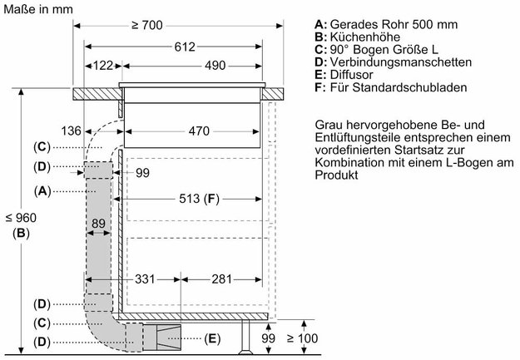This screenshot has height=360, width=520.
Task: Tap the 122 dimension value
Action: tap(103, 65)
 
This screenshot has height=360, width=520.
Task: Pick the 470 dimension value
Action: tap(198, 131)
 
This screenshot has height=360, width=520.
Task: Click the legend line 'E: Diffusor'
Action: tap(345, 75)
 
